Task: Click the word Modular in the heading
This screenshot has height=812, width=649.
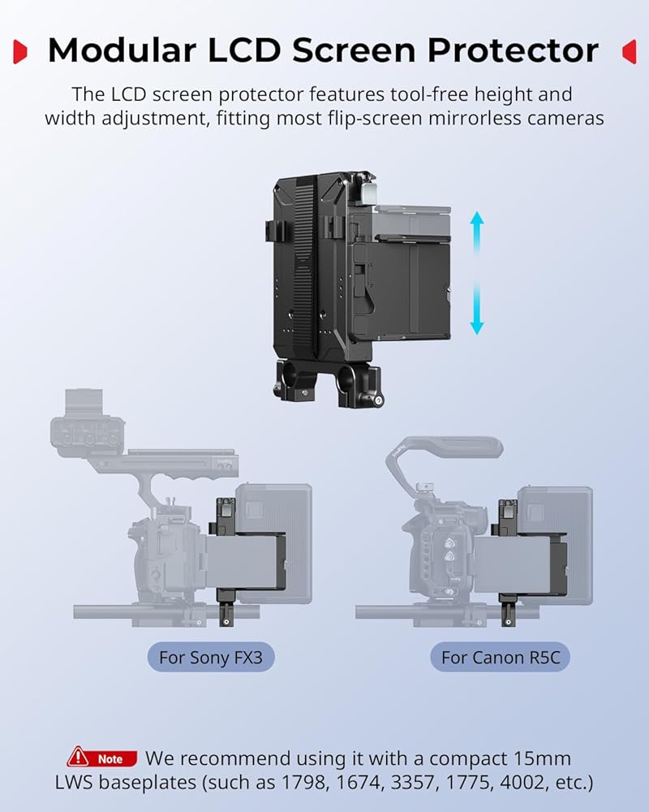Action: [122, 50]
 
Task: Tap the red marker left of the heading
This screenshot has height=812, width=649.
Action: [19, 52]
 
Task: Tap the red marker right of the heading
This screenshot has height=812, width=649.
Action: [630, 52]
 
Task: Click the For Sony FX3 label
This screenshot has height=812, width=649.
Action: [211, 657]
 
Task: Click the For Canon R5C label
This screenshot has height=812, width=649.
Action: [501, 657]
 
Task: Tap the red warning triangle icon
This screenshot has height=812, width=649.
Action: [78, 757]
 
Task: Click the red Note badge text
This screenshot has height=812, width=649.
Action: [110, 759]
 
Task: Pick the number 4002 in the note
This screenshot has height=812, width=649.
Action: [523, 783]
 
